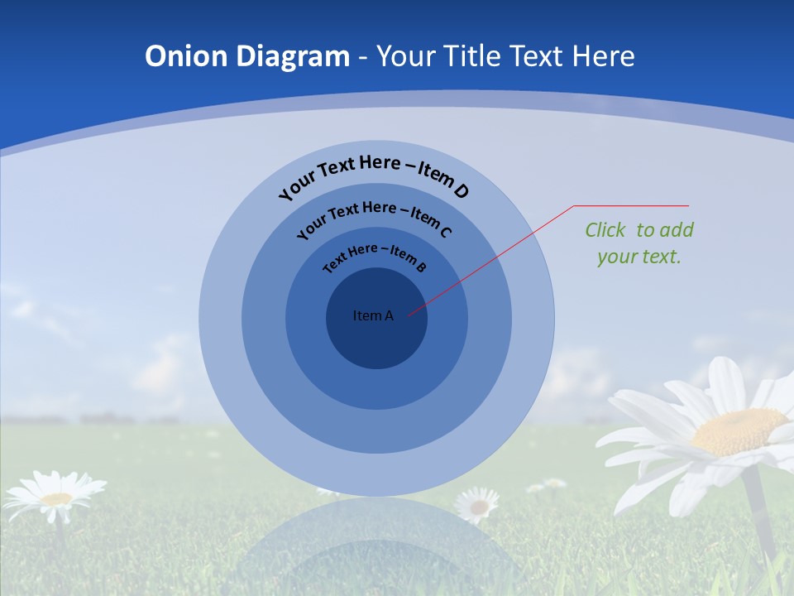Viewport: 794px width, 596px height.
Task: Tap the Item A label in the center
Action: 373,315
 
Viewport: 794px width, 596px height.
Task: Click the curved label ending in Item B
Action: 375,256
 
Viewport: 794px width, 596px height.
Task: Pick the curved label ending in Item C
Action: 374,217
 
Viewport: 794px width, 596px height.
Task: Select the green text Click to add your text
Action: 639,243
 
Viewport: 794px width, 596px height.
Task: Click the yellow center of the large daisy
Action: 739,431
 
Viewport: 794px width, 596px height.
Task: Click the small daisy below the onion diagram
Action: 478,503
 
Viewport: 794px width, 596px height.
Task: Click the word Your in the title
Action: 407,56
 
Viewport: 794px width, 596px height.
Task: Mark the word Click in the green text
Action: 606,230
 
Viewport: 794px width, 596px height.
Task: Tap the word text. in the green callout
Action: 662,257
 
